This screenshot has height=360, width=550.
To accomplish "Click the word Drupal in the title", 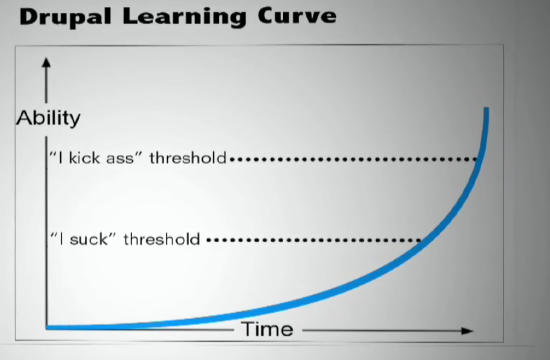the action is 65,17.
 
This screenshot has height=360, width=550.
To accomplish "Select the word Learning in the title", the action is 184,17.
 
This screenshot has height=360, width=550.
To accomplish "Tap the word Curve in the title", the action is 297,16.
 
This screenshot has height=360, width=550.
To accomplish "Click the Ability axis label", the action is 48,118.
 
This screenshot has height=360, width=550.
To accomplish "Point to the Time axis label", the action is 268,330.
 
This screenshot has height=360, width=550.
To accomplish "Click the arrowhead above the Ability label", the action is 46,63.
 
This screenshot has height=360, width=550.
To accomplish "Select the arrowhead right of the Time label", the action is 467,330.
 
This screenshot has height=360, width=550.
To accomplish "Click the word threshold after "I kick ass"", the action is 187,158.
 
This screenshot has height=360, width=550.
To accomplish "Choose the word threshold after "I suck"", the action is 162,239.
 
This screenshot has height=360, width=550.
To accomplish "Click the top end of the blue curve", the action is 487,109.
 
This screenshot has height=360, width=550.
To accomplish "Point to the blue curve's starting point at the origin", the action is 48,328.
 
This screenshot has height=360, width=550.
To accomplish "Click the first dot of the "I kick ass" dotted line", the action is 232,159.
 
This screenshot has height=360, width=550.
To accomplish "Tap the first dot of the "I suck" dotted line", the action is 209,240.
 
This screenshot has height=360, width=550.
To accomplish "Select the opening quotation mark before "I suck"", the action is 54,234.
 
